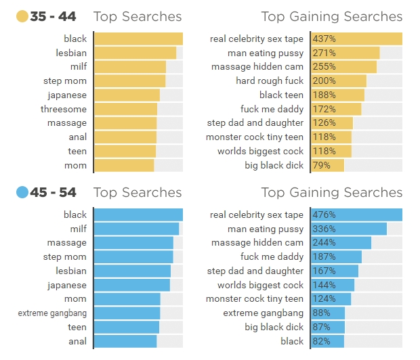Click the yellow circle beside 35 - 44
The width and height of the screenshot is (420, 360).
click(x=22, y=17)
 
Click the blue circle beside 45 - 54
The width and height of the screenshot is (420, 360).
click(x=22, y=193)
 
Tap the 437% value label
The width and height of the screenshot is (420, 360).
click(x=324, y=39)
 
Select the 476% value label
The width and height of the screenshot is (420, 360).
click(x=324, y=215)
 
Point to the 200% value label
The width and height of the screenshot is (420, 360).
click(x=324, y=81)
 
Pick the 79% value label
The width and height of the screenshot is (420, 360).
click(x=321, y=165)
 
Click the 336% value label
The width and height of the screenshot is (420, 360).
click(x=324, y=229)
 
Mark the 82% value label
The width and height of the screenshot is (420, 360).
click(x=321, y=341)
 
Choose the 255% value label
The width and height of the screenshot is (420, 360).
click(x=324, y=67)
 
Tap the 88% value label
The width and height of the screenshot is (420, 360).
click(x=321, y=313)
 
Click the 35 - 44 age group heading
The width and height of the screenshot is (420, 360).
click(x=54, y=17)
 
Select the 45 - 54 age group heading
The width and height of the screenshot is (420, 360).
click(x=54, y=193)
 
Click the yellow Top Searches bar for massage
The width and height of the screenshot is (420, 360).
click(x=125, y=123)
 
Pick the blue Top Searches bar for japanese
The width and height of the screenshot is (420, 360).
click(x=131, y=285)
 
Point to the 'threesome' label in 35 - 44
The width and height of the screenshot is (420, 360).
click(x=64, y=109)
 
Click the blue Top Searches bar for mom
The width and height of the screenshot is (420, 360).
click(x=127, y=299)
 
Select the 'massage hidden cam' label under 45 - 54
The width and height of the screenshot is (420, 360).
click(x=257, y=243)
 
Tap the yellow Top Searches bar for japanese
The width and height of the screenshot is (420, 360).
click(x=127, y=95)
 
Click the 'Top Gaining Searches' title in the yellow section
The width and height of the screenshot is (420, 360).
click(x=332, y=17)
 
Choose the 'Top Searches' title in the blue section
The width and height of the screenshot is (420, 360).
click(x=138, y=193)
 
